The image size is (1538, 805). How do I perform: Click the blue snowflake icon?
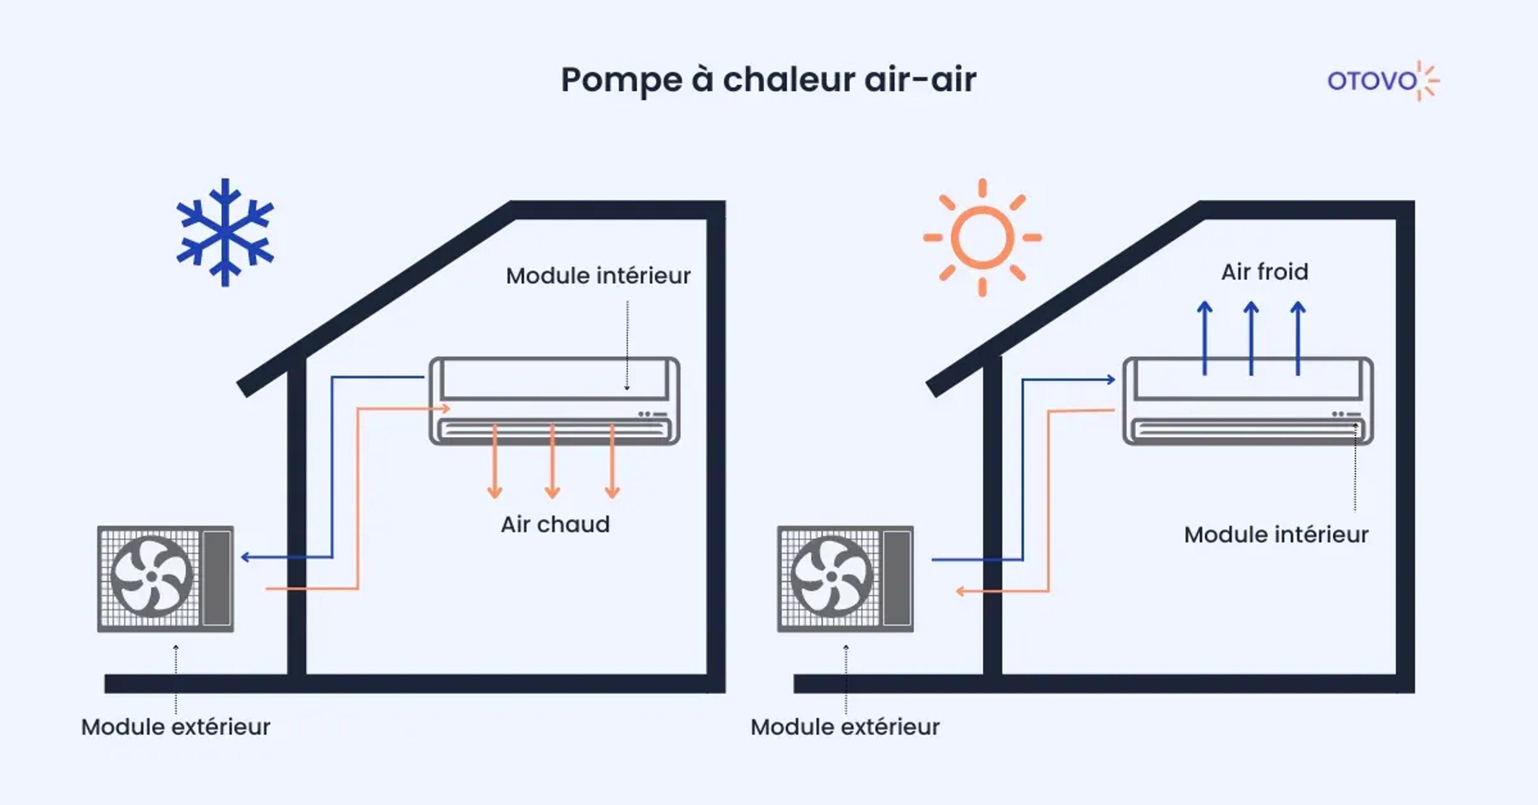point(225,232)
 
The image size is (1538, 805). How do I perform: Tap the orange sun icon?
point(982,237)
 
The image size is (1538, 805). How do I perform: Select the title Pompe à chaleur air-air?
point(769,79)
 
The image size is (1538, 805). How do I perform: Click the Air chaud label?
point(555,524)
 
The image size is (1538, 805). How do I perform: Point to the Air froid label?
point(1264,272)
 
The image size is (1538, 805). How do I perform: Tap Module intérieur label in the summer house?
point(1276,535)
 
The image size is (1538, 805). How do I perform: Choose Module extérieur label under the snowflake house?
point(175,727)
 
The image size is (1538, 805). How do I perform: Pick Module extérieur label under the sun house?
point(845,727)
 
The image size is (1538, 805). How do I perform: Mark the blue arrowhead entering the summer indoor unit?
point(1111,379)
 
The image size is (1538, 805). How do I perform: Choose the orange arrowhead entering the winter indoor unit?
point(445,409)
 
